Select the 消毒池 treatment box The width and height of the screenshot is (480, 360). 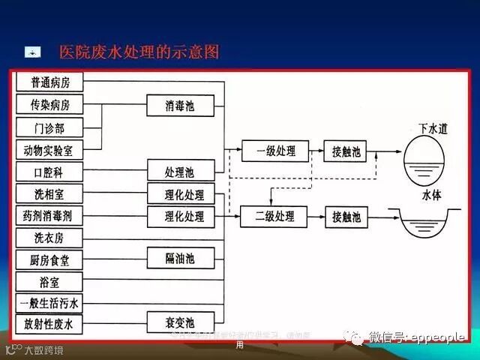tap(180, 105)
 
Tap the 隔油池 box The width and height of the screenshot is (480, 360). tap(180, 259)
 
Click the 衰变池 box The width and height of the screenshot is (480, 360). tap(180, 323)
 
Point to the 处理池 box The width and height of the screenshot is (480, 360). tap(180, 171)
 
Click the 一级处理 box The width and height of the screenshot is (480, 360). tap(275, 151)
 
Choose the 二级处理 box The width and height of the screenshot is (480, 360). tap(275, 217)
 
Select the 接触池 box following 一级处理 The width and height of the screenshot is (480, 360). tap(346, 151)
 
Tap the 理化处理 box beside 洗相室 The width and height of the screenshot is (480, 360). tap(180, 194)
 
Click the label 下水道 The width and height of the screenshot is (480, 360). tap(433, 128)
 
